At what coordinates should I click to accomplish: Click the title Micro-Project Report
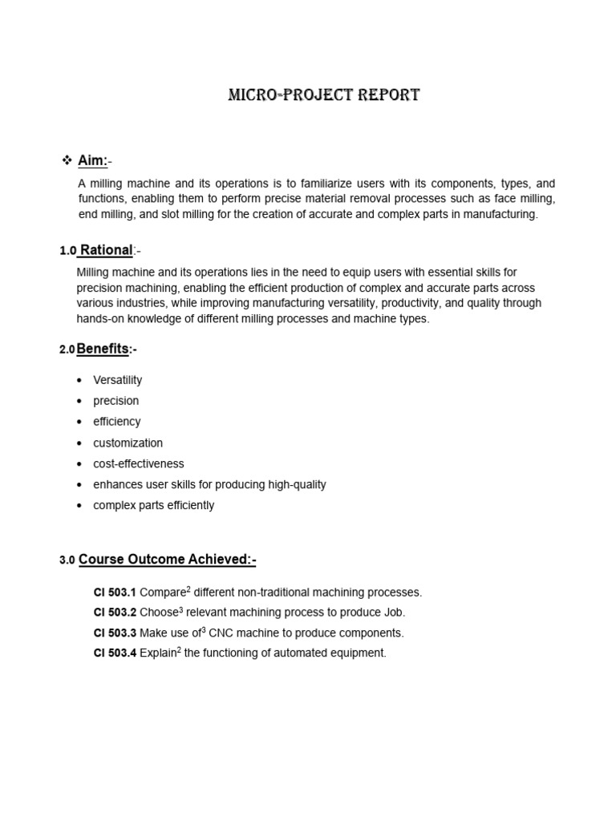click(x=323, y=95)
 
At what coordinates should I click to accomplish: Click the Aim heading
click(x=92, y=161)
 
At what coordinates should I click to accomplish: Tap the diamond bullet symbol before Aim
click(x=67, y=161)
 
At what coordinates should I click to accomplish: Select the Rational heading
click(x=106, y=250)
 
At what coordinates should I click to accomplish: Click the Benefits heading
click(x=103, y=349)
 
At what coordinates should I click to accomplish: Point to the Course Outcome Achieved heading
click(x=167, y=560)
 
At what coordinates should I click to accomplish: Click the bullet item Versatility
click(x=117, y=380)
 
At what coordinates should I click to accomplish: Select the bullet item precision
click(x=115, y=401)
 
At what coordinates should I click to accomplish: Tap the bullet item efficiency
click(x=116, y=422)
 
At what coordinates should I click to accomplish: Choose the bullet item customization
click(x=128, y=443)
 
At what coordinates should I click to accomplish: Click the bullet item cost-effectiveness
click(x=138, y=463)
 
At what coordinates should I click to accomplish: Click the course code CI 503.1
click(x=115, y=592)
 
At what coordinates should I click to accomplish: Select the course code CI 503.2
click(x=115, y=613)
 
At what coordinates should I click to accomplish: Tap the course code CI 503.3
click(x=115, y=633)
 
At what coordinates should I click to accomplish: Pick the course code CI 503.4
click(x=115, y=653)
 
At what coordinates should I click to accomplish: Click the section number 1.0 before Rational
click(x=67, y=252)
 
